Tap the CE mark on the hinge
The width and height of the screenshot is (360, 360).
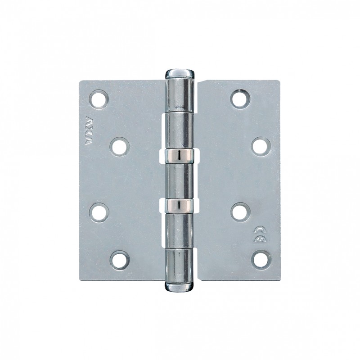click(x=259, y=232)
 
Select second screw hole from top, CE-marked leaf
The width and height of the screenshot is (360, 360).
click(x=260, y=146)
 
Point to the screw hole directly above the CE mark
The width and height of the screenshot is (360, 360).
click(x=240, y=211)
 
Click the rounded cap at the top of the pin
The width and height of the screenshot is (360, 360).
click(x=180, y=73)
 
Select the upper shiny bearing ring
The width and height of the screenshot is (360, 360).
click(x=180, y=155)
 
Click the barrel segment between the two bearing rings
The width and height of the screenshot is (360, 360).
click(x=180, y=180)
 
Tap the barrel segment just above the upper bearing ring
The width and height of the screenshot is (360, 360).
click(x=180, y=130)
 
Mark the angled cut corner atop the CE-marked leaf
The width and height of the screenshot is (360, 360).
click(x=202, y=85)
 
